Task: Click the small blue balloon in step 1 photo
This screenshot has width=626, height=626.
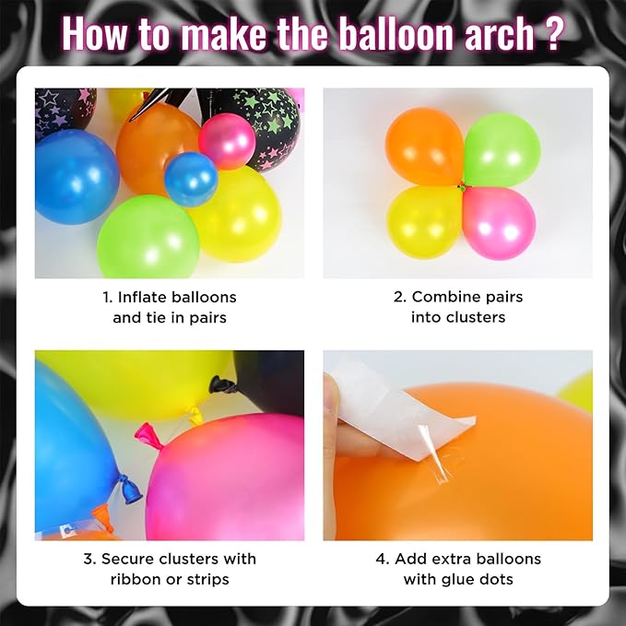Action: pyautogui.click(x=191, y=179)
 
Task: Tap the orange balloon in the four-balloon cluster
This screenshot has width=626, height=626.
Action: pyautogui.click(x=423, y=145)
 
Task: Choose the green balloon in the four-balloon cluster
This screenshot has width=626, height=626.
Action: pyautogui.click(x=502, y=148)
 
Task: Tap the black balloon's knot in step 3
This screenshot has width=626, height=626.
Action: pyautogui.click(x=220, y=383)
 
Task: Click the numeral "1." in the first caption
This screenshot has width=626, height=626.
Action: pyautogui.click(x=108, y=297)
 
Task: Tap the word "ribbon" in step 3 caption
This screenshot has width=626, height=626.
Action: pyautogui.click(x=135, y=579)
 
